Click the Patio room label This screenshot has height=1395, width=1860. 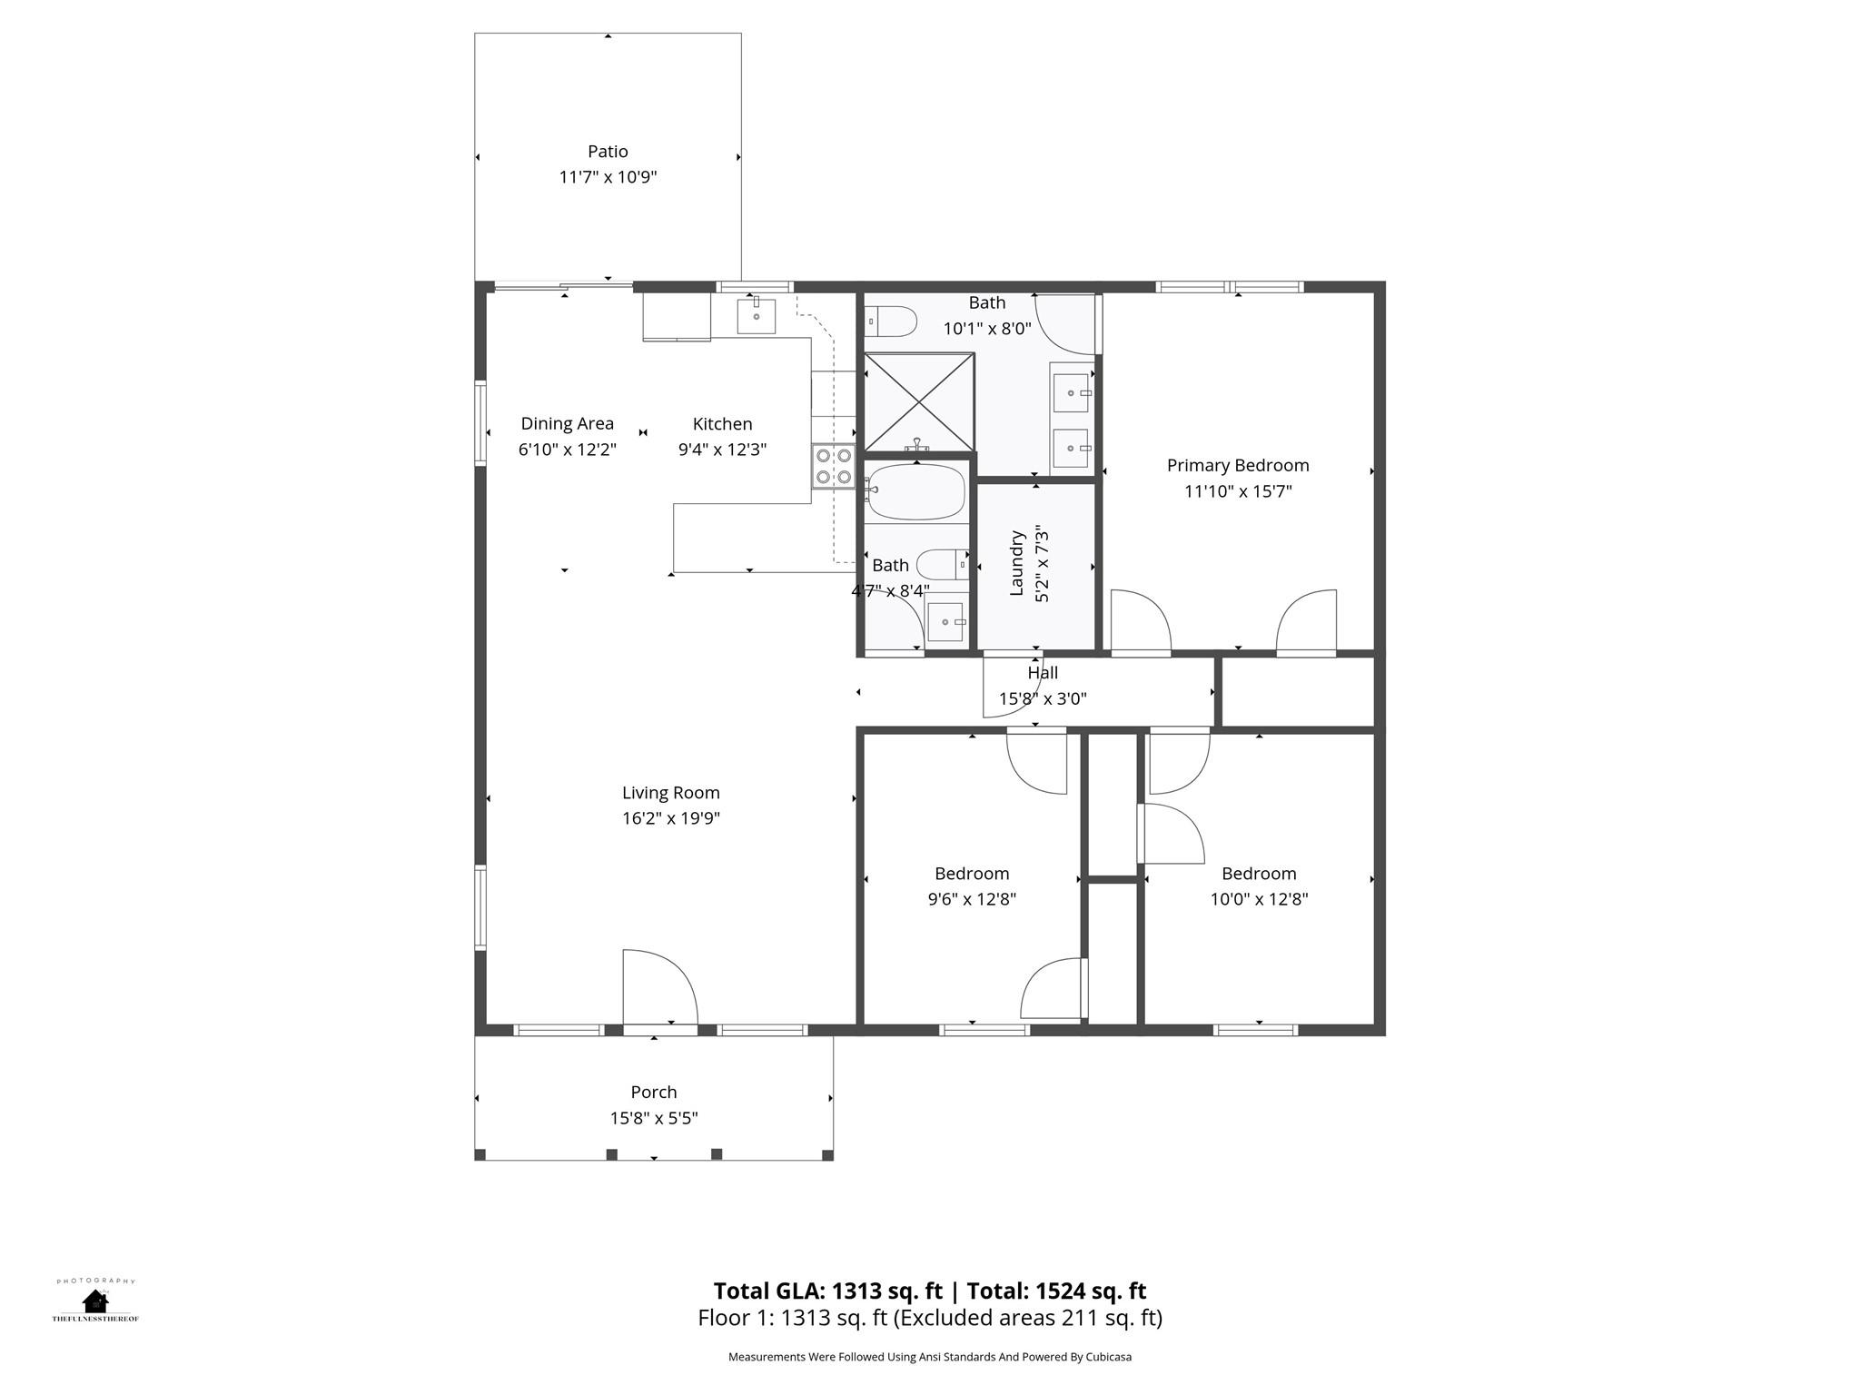tap(608, 152)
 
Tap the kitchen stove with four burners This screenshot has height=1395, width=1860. tap(834, 466)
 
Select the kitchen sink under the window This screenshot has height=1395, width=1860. tap(756, 316)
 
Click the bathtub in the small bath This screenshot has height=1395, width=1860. tap(915, 491)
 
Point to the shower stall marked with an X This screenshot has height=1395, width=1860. tap(918, 401)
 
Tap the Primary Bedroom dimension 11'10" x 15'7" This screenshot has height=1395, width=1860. tap(1237, 491)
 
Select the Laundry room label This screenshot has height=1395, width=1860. tap(1017, 563)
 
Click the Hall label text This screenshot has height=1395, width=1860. tap(1043, 673)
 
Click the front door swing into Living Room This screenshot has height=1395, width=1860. tap(659, 988)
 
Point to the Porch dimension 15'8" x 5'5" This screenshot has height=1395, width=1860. tap(653, 1118)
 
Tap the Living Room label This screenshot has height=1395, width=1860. tap(670, 793)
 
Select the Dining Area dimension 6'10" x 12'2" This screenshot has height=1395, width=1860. tap(567, 450)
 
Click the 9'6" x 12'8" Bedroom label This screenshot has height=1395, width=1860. tap(971, 874)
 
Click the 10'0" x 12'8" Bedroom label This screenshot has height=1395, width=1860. tap(1258, 874)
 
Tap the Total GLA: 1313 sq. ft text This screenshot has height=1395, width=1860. tap(827, 1291)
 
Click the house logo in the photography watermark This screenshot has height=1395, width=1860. tap(94, 1301)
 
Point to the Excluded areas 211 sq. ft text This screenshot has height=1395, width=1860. tap(1026, 1318)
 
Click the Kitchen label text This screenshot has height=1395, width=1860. tap(722, 424)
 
